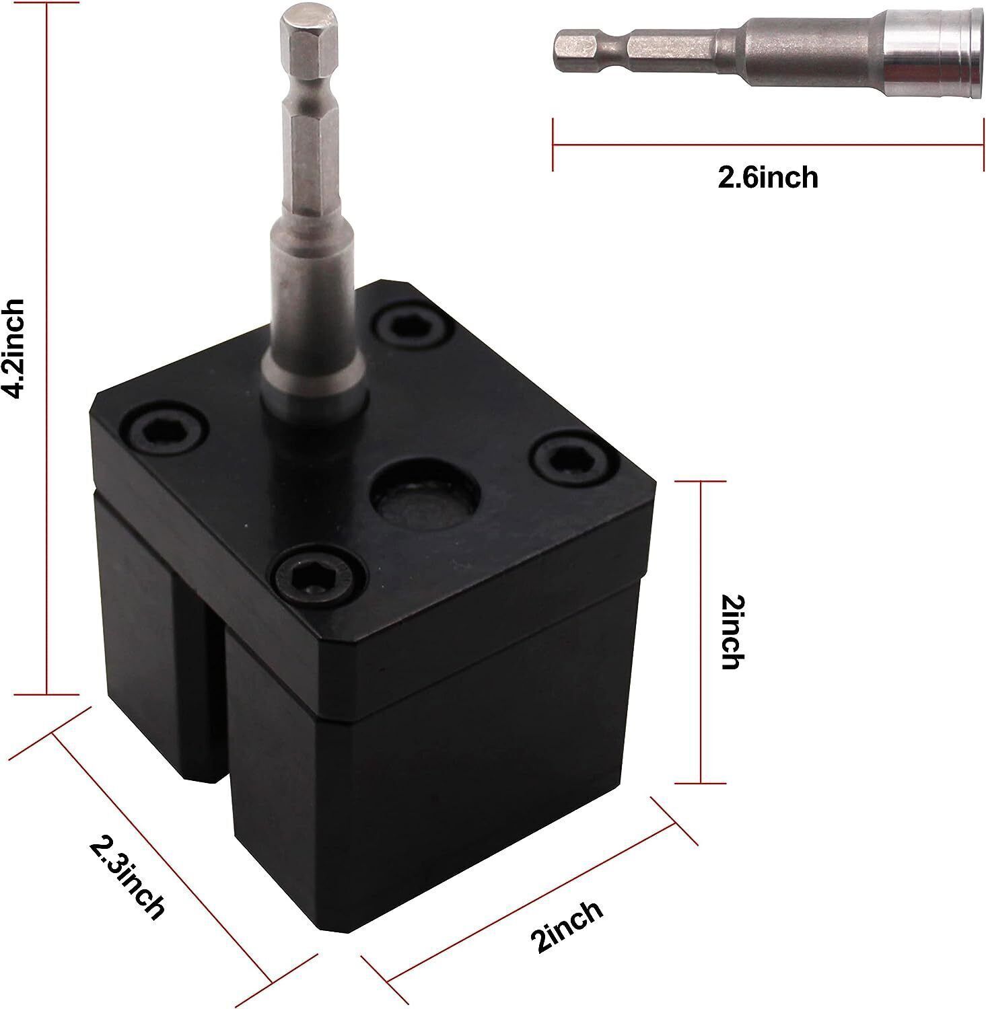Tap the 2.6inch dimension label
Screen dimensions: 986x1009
[x=768, y=178]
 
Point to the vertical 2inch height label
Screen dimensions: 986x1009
[x=730, y=632]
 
